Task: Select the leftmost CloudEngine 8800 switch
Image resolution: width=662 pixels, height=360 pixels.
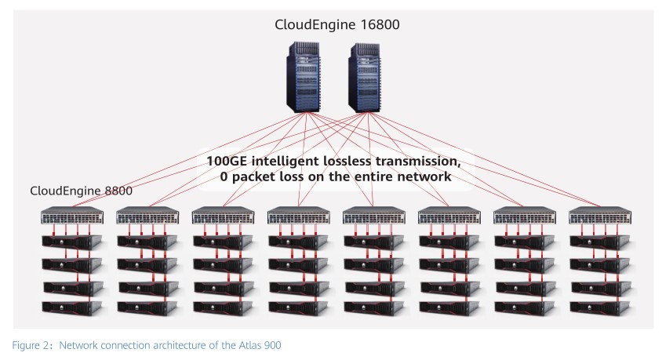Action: pyautogui.click(x=73, y=217)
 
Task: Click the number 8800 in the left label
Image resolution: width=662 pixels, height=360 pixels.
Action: pyautogui.click(x=115, y=191)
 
